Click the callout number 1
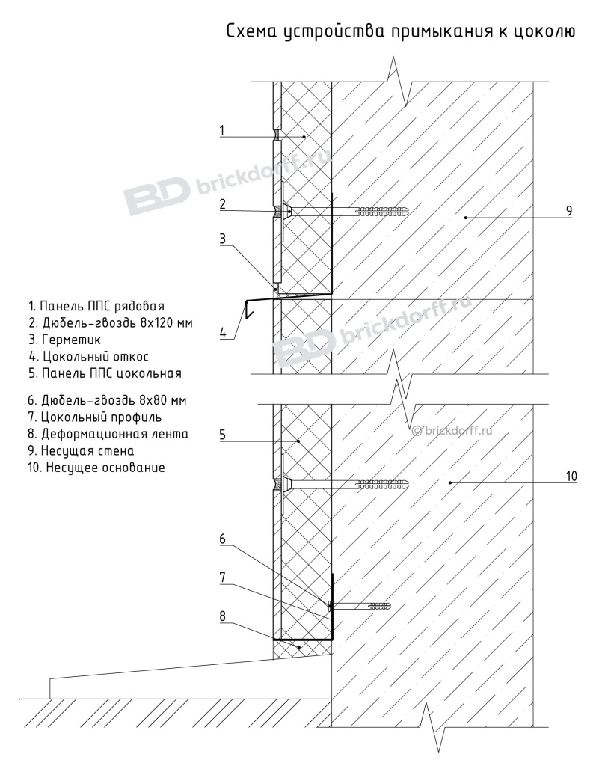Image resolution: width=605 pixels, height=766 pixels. click(x=223, y=130)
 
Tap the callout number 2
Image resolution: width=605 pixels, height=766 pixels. click(x=223, y=203)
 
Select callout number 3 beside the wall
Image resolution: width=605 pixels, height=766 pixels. click(x=223, y=239)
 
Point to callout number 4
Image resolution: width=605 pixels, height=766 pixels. click(x=223, y=333)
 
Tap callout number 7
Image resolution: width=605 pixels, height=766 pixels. click(x=223, y=577)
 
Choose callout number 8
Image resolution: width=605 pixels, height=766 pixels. click(x=223, y=616)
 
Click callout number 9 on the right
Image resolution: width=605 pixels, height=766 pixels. click(x=569, y=211)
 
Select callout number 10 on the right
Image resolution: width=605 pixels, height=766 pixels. click(x=571, y=475)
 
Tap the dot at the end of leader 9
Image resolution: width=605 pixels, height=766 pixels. click(x=465, y=218)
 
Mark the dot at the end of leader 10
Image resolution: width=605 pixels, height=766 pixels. click(x=449, y=483)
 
